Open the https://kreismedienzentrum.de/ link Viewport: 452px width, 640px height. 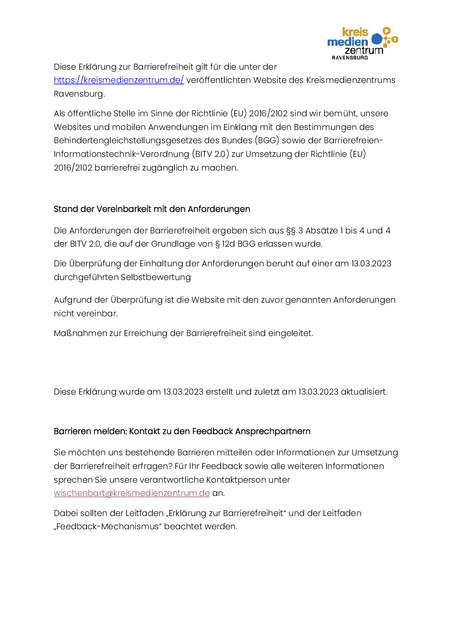point(119,80)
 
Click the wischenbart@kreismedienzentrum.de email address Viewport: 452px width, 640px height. point(132,493)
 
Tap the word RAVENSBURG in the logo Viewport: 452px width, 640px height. point(349,58)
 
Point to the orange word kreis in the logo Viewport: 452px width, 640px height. point(355,32)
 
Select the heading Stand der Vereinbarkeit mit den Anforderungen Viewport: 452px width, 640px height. point(152,209)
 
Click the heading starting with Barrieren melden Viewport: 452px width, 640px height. point(182,431)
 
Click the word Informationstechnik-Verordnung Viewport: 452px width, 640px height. point(121,154)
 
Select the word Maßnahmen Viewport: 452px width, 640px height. point(80,333)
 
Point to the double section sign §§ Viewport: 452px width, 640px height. point(291,231)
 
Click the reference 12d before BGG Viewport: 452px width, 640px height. point(229,244)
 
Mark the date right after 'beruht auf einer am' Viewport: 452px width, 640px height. point(371,264)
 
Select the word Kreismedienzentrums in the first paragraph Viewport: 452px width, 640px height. point(350,80)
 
